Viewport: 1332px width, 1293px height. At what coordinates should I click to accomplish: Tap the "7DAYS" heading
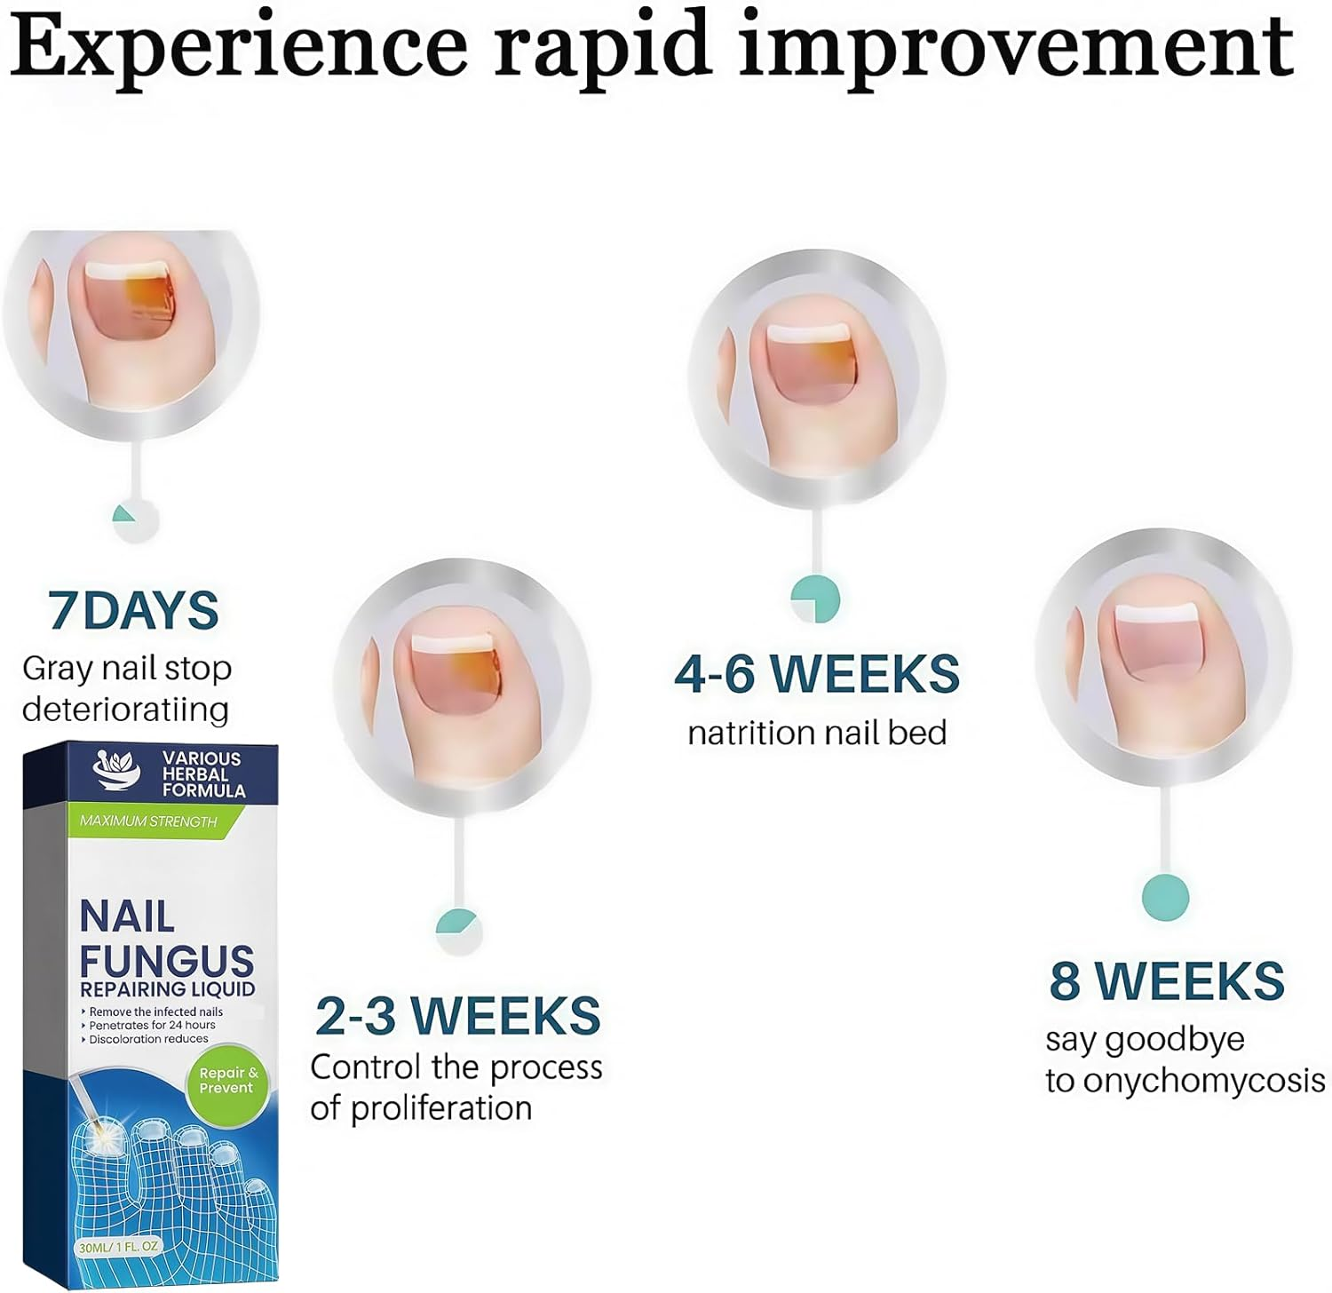coord(133,611)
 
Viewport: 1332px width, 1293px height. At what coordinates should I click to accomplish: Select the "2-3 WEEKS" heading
coord(457,1016)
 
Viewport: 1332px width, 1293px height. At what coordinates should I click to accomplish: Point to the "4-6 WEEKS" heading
coord(816,674)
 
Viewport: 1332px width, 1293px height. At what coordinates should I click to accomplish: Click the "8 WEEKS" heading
coord(1166,981)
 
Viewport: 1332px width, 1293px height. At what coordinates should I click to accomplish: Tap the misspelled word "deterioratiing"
coord(125,710)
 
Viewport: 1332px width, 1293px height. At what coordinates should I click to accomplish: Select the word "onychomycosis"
coord(1204,1082)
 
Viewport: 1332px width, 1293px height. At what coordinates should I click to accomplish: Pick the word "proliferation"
coord(441,1108)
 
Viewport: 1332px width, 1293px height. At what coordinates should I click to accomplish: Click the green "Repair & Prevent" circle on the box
coord(228,1081)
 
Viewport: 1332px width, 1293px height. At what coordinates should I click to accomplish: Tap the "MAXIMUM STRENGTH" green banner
coord(148,821)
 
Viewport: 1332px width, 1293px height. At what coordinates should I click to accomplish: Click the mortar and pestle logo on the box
coord(118,771)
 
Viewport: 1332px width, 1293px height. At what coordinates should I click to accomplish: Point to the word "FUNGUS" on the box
coord(166,960)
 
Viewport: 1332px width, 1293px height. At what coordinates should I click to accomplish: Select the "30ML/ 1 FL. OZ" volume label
coord(117,1247)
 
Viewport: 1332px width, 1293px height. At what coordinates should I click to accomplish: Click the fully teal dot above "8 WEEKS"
coord(1165,897)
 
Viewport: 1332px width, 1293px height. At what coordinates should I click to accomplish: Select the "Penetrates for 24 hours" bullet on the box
coord(152,1025)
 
